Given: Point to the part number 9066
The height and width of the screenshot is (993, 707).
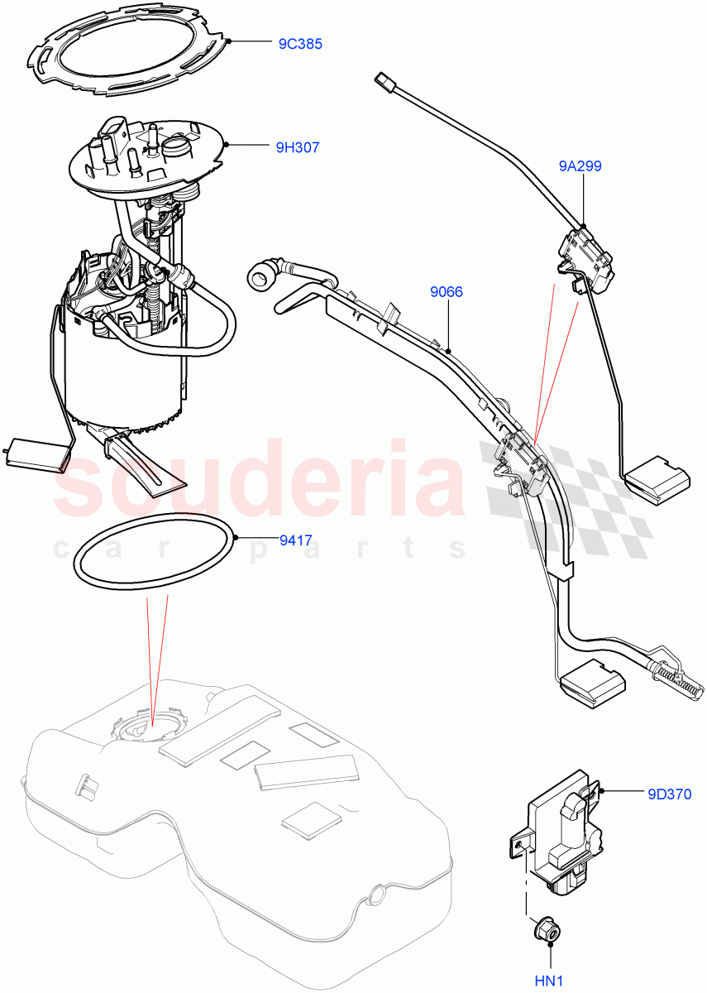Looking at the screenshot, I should pyautogui.click(x=446, y=292).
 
